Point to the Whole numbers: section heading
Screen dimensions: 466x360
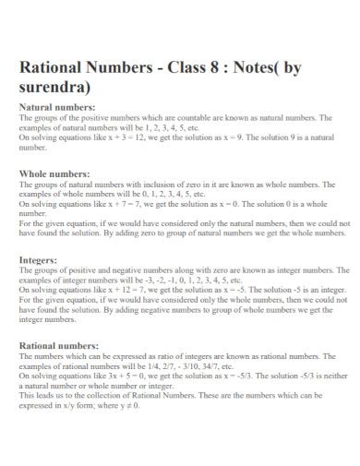54,173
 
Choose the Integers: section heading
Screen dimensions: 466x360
40,260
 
